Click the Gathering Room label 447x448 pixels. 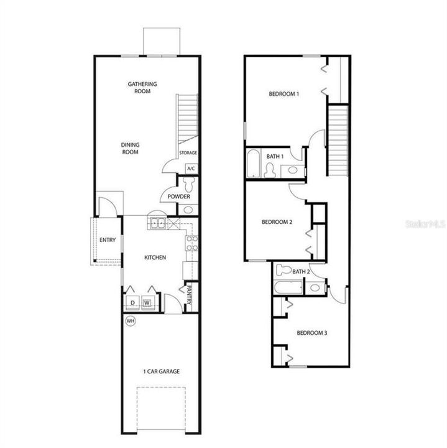pos(142,87)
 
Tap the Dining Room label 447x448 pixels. pos(129,148)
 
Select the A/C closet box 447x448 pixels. pos(191,168)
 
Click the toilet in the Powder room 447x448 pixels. pos(190,183)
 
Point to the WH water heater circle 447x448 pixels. pos(131,321)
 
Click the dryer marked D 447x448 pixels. pos(131,303)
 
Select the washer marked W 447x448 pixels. pos(147,303)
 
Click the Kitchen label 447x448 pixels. pos(155,257)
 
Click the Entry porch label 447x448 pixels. pos(108,240)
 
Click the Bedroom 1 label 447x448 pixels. pos(284,94)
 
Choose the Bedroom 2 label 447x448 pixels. pos(277,222)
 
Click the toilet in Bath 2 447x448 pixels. pos(283,269)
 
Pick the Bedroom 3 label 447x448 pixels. pos(311,333)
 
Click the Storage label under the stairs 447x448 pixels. pos(188,152)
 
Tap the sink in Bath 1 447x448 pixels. pos(292,171)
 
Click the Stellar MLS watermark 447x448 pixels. pos(423,222)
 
